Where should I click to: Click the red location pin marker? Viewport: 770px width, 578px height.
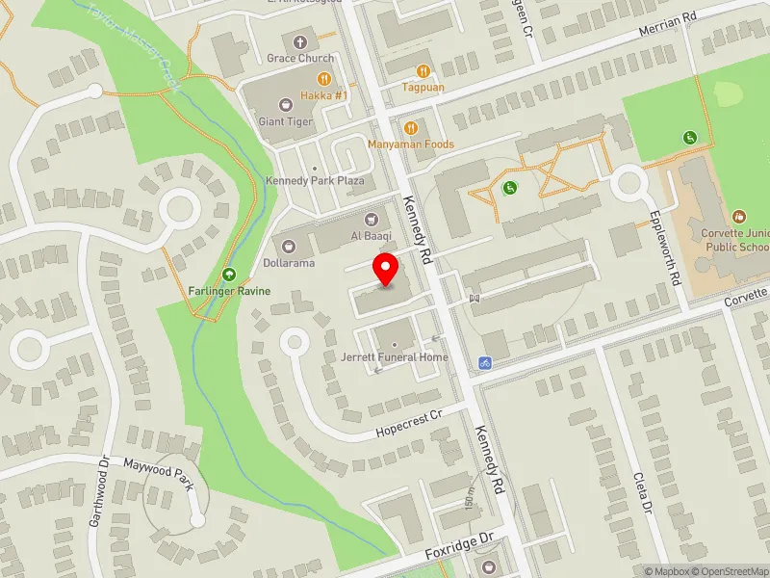[386, 269]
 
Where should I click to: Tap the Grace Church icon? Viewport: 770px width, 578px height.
[300, 42]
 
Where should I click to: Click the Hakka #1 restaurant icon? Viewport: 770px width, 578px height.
[324, 80]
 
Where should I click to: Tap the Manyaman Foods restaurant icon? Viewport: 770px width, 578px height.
[411, 127]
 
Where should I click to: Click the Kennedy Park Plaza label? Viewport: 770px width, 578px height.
[315, 181]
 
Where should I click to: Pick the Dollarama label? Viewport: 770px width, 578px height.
[289, 263]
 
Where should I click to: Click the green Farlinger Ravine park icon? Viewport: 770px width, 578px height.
[229, 275]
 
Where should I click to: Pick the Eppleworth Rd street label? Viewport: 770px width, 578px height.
[668, 249]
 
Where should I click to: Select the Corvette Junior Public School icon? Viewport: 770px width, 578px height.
[739, 217]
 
